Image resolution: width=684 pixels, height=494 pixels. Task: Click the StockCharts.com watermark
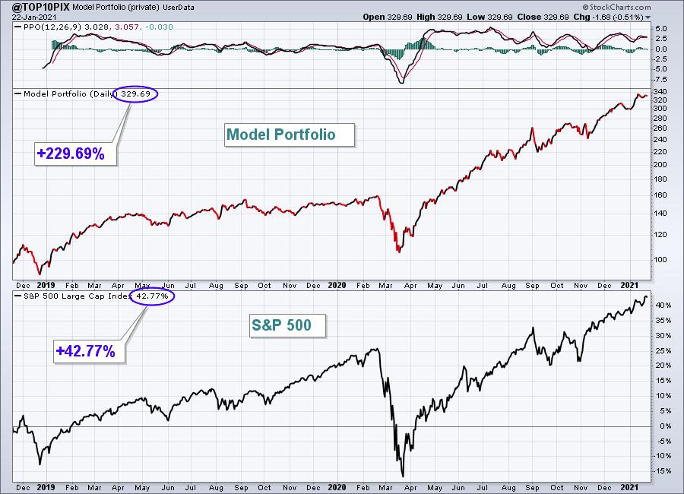point(617,7)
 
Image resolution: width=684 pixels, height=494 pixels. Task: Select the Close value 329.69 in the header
point(556,17)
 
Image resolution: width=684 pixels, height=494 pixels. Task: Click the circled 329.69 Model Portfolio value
point(135,93)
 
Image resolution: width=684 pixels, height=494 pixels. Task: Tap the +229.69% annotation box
point(75,154)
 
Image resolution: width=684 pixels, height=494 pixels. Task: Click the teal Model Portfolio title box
point(290,135)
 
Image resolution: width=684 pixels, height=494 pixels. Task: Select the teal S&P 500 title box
point(287,325)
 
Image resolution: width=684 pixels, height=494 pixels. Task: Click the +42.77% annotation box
point(90,351)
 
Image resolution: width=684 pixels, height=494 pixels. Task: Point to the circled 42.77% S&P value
point(152,296)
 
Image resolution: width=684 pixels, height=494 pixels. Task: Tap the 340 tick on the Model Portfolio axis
point(660,92)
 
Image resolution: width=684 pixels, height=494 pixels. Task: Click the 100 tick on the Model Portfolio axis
point(660,260)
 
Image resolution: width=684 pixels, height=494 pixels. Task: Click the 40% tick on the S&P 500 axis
point(663,306)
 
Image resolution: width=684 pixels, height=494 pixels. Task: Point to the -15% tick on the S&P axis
point(662,471)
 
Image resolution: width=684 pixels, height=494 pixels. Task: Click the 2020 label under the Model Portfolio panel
point(337,286)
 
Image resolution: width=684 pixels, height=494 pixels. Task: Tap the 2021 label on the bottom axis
point(629,487)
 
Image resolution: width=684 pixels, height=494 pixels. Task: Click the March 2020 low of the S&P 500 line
point(403,476)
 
